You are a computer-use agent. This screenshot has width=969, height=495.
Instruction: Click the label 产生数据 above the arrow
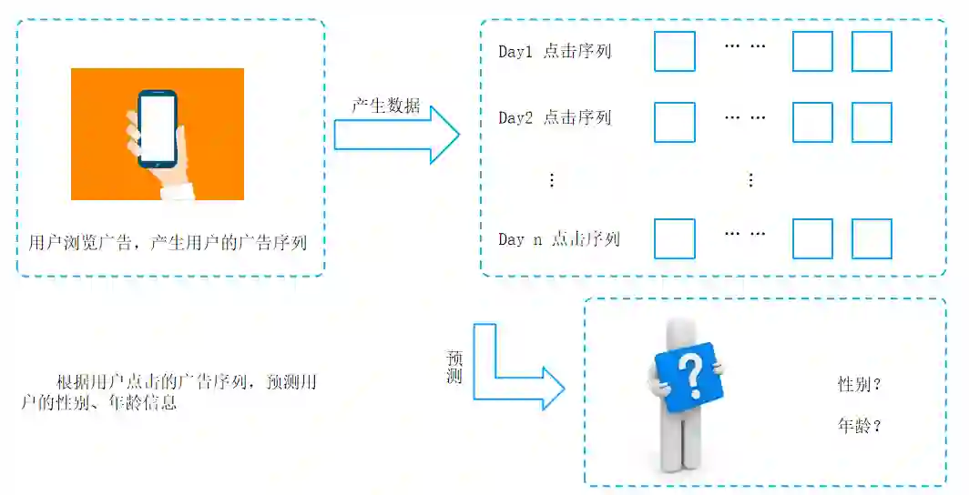(x=386, y=106)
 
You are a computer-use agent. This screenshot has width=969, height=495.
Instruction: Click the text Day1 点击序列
(x=555, y=52)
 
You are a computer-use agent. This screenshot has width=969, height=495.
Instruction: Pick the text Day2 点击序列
(x=555, y=118)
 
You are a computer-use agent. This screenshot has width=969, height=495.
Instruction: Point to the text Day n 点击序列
(x=558, y=239)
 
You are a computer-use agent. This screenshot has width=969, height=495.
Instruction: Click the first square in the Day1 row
(x=675, y=52)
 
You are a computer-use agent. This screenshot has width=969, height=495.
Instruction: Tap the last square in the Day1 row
(x=872, y=52)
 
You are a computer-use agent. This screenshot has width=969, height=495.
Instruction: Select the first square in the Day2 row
(x=675, y=122)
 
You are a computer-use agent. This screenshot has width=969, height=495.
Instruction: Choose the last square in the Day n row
(x=872, y=238)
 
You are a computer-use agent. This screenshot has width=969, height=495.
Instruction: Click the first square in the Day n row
(x=675, y=238)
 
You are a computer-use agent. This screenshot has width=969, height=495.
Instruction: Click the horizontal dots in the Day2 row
(x=745, y=116)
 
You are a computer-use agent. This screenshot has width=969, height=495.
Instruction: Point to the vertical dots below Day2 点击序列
(x=551, y=180)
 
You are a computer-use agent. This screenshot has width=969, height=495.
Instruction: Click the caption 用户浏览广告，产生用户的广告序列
(x=168, y=243)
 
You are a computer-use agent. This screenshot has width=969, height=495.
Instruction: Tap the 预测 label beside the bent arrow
(x=455, y=367)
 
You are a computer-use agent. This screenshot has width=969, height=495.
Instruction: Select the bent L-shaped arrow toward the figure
(x=510, y=373)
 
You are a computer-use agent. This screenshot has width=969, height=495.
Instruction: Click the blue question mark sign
(x=690, y=375)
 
